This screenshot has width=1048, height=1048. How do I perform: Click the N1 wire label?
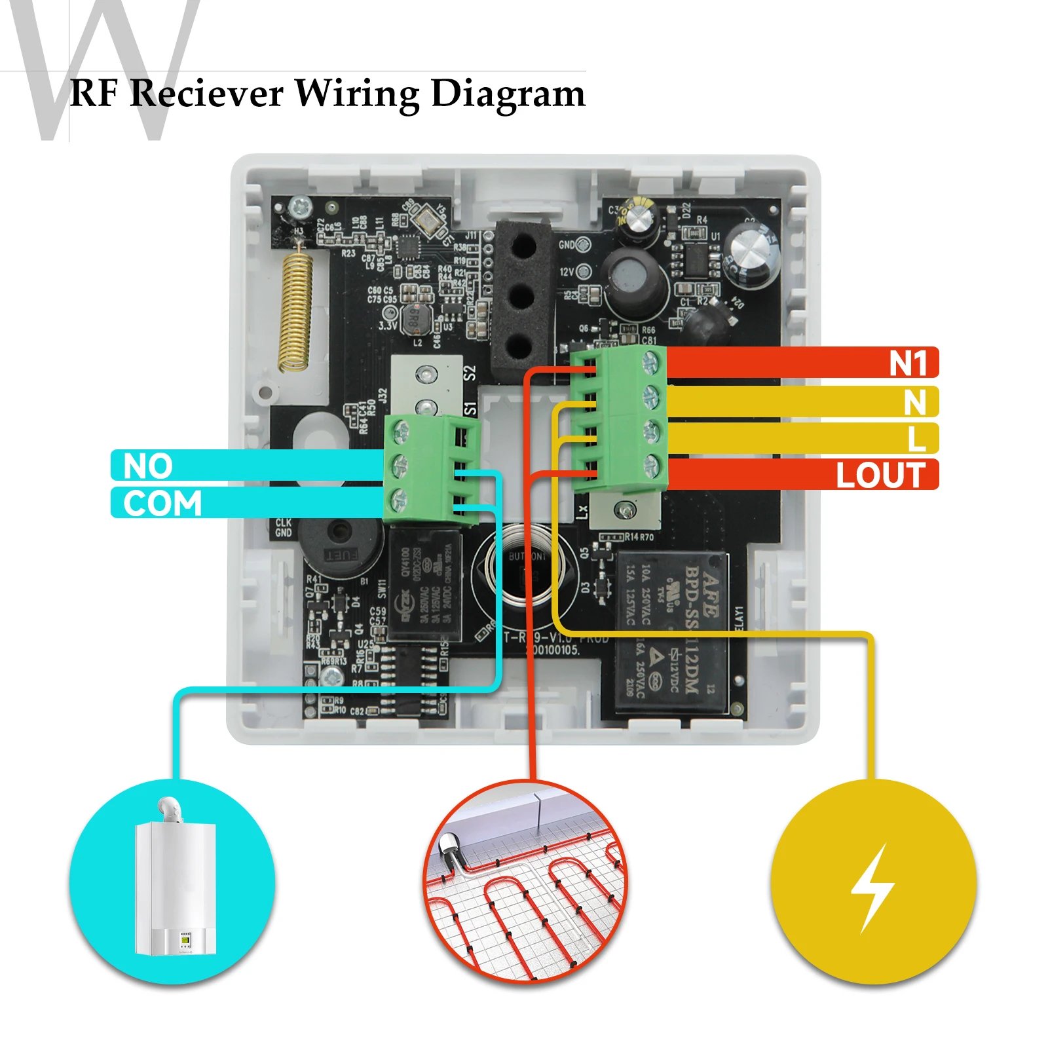(x=908, y=363)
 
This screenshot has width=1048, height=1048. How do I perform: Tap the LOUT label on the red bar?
(x=880, y=475)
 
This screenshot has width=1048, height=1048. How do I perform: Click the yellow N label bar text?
(x=915, y=402)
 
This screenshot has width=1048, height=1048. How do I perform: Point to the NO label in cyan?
(x=148, y=466)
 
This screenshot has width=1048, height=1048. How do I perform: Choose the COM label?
(x=162, y=503)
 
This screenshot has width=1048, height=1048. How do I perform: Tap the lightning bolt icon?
(x=872, y=888)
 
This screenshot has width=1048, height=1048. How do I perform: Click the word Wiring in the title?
(x=357, y=94)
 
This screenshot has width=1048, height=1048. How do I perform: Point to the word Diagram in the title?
(x=508, y=94)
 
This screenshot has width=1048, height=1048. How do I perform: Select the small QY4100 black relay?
(x=424, y=586)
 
